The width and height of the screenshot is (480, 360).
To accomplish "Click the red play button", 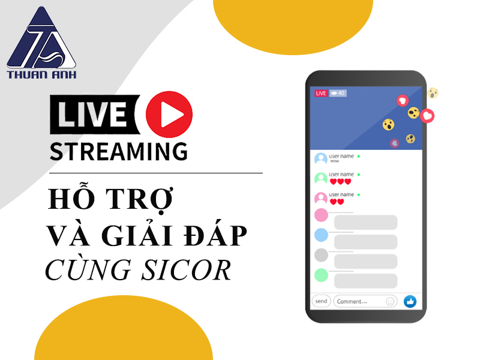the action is coord(169,114).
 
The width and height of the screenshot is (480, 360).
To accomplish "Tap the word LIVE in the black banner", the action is coord(92,114).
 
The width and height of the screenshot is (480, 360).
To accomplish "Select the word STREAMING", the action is coord(118,151).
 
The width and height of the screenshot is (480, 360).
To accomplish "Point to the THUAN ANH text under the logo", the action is coord(41,74).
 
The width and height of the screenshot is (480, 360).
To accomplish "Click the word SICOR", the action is coord(186,270).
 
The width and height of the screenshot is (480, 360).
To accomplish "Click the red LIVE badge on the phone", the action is coord(321,93).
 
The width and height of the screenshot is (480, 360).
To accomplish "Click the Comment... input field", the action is coord(365,302).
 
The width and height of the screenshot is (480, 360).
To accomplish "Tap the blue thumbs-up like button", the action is coord(410,302).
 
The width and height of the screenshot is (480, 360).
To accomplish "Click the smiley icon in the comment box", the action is coord(390,302).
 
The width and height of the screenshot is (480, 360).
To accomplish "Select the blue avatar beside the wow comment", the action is coord(321,159).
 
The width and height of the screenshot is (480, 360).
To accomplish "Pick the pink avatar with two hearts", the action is coord(321,199).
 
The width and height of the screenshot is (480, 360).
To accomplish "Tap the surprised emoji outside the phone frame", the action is coord(433,93).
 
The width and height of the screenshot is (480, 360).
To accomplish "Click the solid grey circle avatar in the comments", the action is coord(321,255).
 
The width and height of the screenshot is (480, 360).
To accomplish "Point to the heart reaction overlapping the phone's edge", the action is coord(427,116).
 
